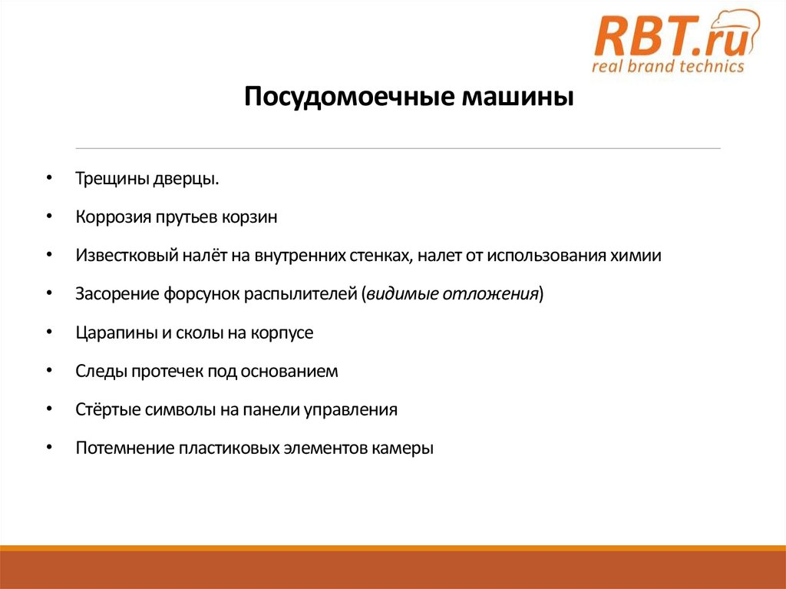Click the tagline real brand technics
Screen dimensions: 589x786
click(668, 66)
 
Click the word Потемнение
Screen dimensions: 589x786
click(124, 448)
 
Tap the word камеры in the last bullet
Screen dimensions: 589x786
click(404, 448)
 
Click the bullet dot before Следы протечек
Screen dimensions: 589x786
click(49, 371)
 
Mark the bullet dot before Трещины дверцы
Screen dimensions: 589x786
click(49, 178)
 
